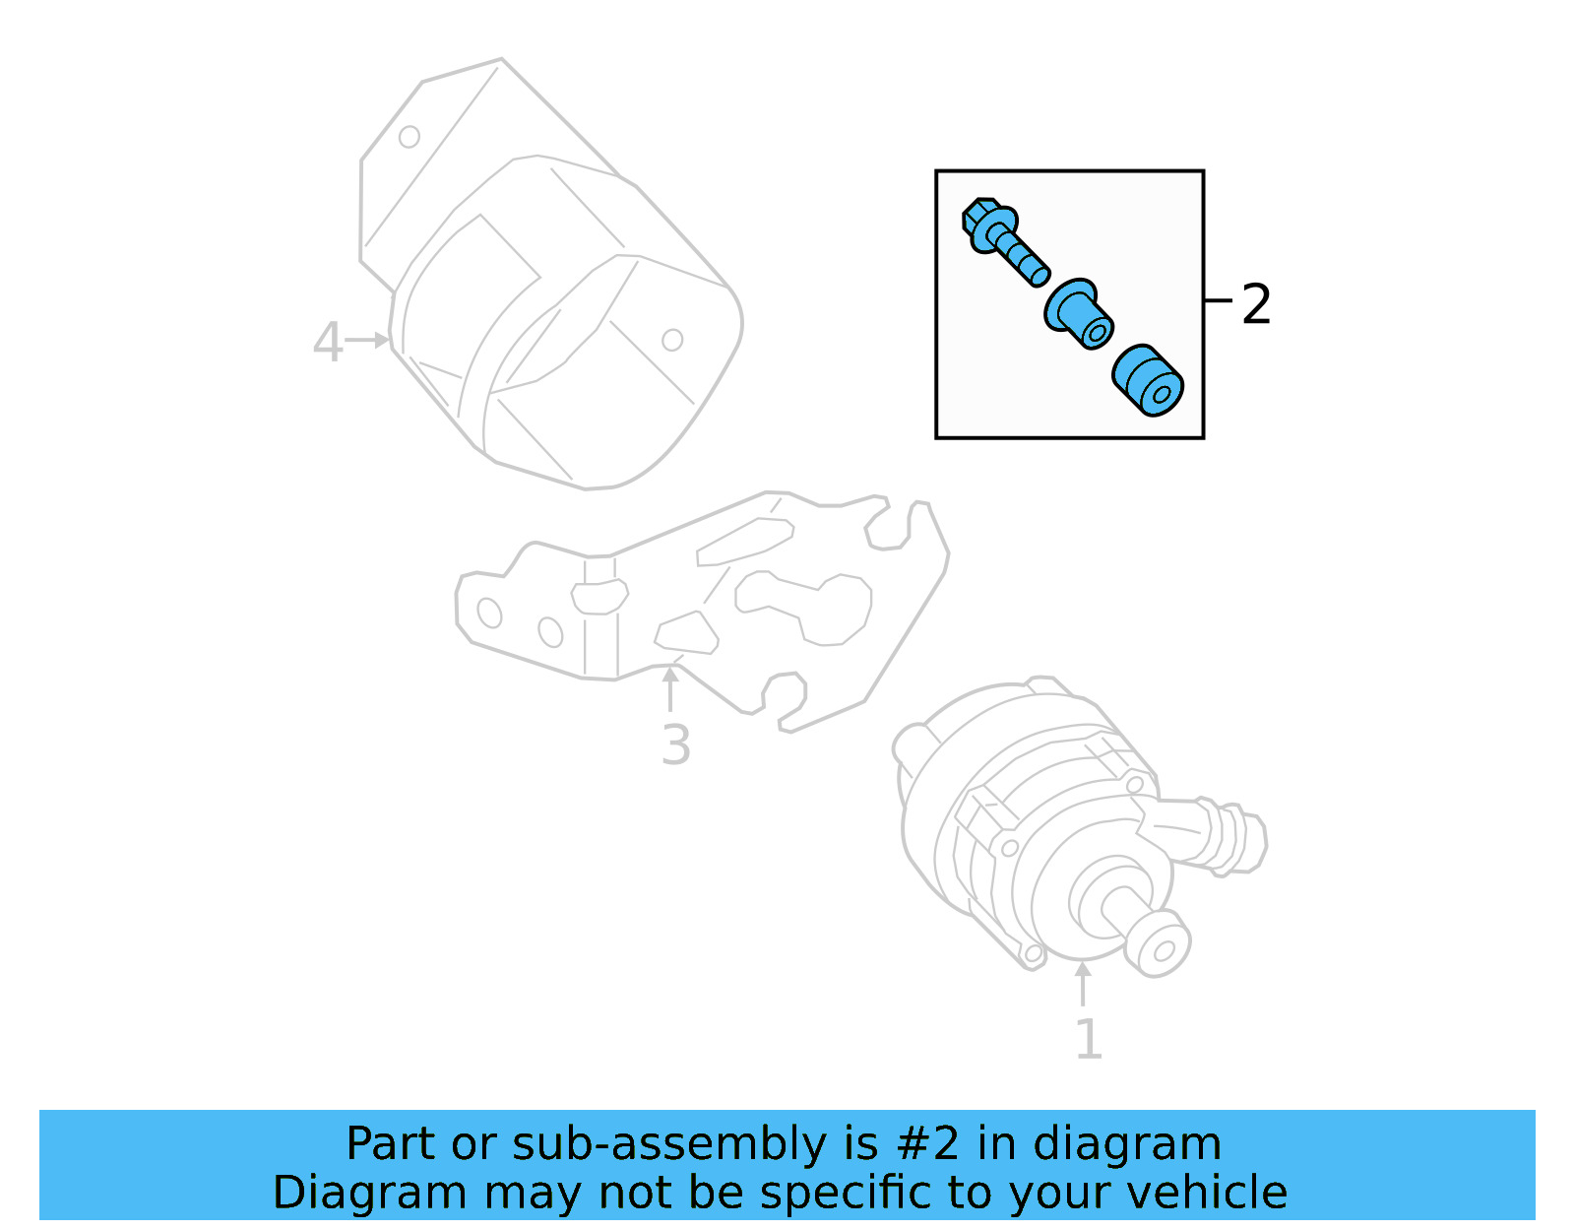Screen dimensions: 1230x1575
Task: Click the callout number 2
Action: [1256, 304]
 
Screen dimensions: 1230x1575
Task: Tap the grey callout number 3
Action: [675, 744]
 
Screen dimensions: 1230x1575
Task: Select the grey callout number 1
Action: [1088, 1040]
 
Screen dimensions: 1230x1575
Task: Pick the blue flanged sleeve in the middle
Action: [1077, 314]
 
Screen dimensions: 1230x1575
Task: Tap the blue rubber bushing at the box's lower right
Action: [1148, 380]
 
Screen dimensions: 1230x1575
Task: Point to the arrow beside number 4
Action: [369, 341]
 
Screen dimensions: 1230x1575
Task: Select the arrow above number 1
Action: [1083, 984]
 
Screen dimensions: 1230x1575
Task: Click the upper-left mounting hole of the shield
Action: [409, 137]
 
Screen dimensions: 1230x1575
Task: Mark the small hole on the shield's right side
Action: [672, 340]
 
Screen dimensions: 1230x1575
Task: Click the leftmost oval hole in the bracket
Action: [489, 613]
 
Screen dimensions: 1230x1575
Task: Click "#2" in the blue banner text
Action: [927, 1144]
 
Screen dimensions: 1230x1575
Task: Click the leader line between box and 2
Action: [1219, 299]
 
